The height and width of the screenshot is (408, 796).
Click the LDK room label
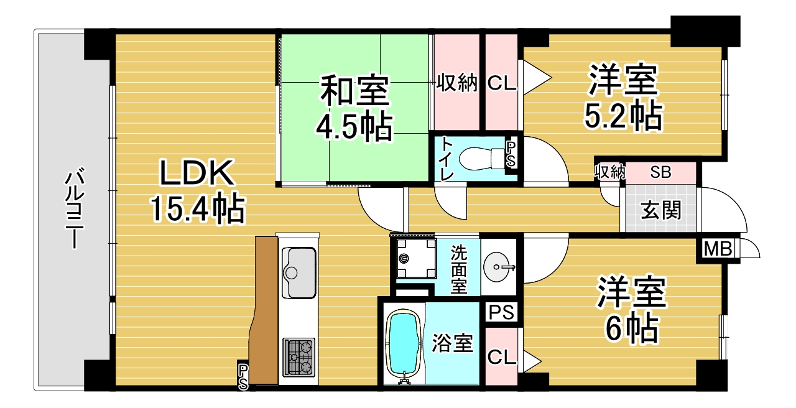(x=198, y=173)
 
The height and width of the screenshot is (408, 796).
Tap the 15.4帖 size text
(x=198, y=208)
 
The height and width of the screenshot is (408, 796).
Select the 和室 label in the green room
(x=354, y=90)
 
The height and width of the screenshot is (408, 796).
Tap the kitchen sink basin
(x=299, y=273)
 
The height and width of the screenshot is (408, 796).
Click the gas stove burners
(x=299, y=357)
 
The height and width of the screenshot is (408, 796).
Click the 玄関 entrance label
(x=660, y=210)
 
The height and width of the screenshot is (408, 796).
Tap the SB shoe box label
(x=660, y=172)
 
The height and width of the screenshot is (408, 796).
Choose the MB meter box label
(x=718, y=249)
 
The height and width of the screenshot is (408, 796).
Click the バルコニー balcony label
(x=75, y=210)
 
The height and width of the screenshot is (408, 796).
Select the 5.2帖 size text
(x=623, y=116)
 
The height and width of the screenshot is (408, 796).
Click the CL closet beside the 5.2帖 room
(x=501, y=83)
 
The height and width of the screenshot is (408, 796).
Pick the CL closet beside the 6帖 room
(x=501, y=357)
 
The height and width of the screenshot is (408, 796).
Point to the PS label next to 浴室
(x=501, y=312)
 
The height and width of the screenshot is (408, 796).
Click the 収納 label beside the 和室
(x=456, y=83)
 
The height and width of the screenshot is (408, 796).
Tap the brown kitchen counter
(x=264, y=310)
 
